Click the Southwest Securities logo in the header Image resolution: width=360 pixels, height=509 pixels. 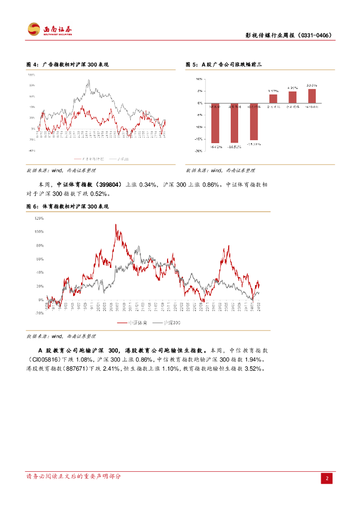pos(49,29)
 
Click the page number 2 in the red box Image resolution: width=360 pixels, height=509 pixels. pos(327,478)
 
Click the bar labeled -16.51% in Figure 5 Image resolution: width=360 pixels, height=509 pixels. pos(234,123)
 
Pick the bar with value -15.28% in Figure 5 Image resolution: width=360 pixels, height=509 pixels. pos(254,121)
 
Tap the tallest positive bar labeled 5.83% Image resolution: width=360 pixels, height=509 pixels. pos(312,96)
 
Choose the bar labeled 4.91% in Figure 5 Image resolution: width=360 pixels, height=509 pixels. pos(292,97)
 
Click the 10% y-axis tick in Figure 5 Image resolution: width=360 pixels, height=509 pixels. pos(198,79)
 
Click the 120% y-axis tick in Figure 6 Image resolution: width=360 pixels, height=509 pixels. pos(39,218)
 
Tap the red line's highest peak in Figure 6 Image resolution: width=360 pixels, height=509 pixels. pos(116,225)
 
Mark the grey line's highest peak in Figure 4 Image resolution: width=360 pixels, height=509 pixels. pos(88,80)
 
